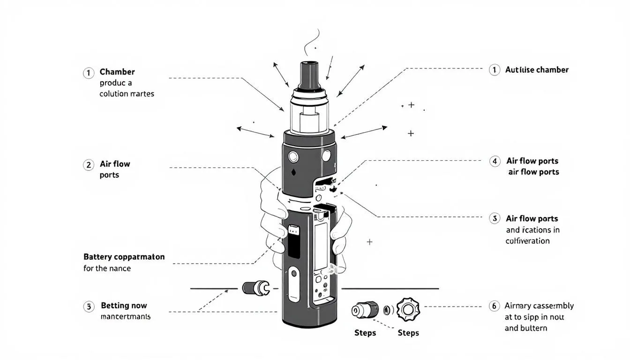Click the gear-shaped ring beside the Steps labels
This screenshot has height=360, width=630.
click(x=407, y=310)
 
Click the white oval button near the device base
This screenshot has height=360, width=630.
click(x=294, y=284)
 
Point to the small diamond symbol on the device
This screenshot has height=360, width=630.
click(x=293, y=172)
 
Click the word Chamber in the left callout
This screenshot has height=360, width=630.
click(x=117, y=72)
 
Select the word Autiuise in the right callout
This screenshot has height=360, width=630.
click(x=519, y=70)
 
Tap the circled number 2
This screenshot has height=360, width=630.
click(x=88, y=165)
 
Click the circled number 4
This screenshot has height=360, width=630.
click(x=494, y=161)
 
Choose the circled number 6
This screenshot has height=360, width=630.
click(x=494, y=306)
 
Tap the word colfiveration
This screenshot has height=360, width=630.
click(x=527, y=241)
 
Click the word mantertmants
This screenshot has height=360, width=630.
click(x=125, y=317)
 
